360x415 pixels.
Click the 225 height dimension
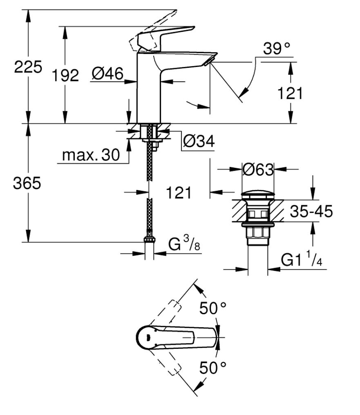pyautogui.click(x=28, y=67)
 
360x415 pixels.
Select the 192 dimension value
pyautogui.click(x=65, y=75)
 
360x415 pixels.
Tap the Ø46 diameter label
pyautogui.click(x=107, y=74)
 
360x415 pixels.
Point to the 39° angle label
pyautogui.click(x=277, y=49)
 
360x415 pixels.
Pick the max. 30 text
pyautogui.click(x=91, y=155)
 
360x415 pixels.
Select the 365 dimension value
pyautogui.click(x=27, y=184)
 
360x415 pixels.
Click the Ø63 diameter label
pyautogui.click(x=257, y=169)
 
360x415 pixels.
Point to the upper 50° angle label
pyautogui.click(x=213, y=308)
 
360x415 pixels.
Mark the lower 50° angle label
pyautogui.click(x=213, y=368)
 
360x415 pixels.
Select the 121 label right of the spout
pyautogui.click(x=291, y=94)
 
